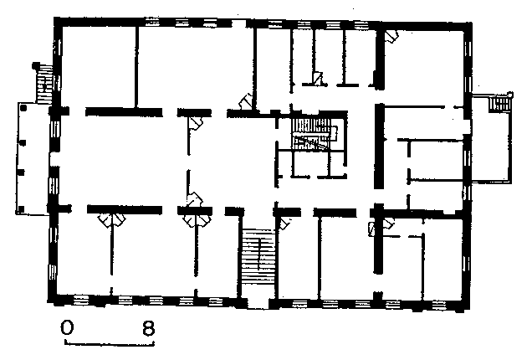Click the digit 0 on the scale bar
[x=67, y=327]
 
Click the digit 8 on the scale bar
[x=149, y=327]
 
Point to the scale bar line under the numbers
[x=110, y=344]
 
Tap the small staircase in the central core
[x=315, y=133]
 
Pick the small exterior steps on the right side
[x=499, y=103]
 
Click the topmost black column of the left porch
[x=23, y=108]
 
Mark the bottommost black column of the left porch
[x=22, y=208]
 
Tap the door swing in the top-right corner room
[x=391, y=36]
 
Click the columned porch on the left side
[x=33, y=158]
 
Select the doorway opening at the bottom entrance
[x=258, y=303]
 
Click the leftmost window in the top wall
[x=152, y=22]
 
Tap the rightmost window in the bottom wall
[x=438, y=305]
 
